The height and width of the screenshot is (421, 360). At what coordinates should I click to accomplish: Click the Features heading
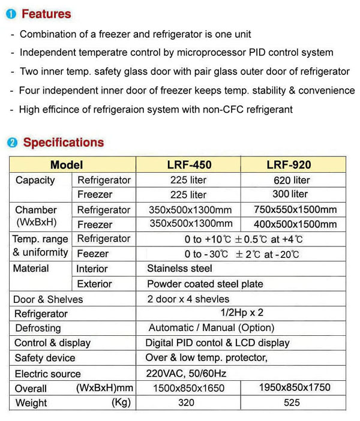coord(46,14)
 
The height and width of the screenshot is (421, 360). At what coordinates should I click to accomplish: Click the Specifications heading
coord(63,143)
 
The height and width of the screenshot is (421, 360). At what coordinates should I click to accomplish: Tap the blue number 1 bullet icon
coord(12,14)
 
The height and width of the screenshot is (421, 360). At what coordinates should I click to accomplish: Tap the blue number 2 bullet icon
coord(12,143)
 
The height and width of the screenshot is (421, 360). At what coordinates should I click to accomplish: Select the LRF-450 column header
coord(189,164)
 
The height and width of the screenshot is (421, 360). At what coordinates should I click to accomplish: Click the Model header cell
coord(67,164)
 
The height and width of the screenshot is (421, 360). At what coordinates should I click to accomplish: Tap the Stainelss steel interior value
coord(179,269)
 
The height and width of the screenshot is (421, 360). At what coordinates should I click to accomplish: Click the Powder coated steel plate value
coord(205,284)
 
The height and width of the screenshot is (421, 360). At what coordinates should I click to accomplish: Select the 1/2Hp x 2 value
coord(240,313)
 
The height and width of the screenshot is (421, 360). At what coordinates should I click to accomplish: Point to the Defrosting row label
coord(38,328)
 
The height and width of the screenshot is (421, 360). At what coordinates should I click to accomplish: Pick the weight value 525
coord(292,403)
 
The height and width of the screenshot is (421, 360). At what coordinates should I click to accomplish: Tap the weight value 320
coord(187,403)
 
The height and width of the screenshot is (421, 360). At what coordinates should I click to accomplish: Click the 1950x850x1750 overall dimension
coord(294,387)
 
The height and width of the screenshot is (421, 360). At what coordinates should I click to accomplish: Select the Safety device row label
coord(45,358)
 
